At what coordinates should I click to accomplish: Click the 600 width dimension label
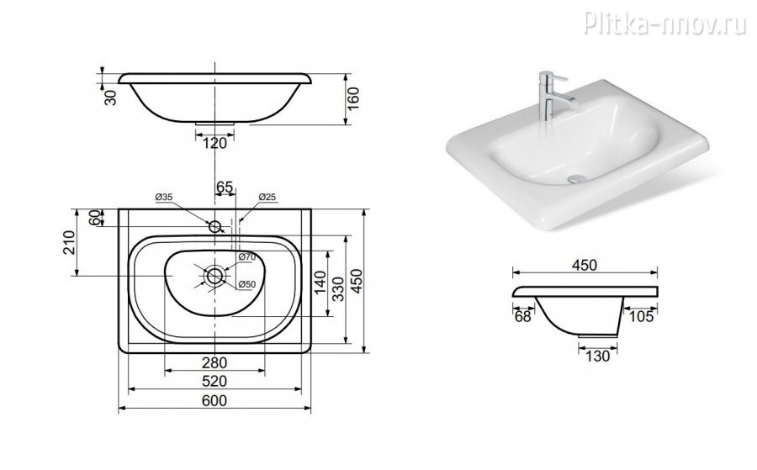coord(214,400)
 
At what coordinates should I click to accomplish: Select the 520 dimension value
coord(214,381)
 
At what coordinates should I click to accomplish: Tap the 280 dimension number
coord(214,362)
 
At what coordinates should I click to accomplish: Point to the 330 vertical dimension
coord(339,289)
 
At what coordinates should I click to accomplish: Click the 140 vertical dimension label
coord(320,283)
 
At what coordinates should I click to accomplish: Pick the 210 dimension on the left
coord(69,243)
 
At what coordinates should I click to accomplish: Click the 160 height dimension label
coord(354,99)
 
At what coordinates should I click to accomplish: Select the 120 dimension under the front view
coord(214,143)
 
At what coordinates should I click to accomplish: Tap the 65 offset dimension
coord(225,187)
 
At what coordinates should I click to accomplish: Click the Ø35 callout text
coord(164,197)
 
